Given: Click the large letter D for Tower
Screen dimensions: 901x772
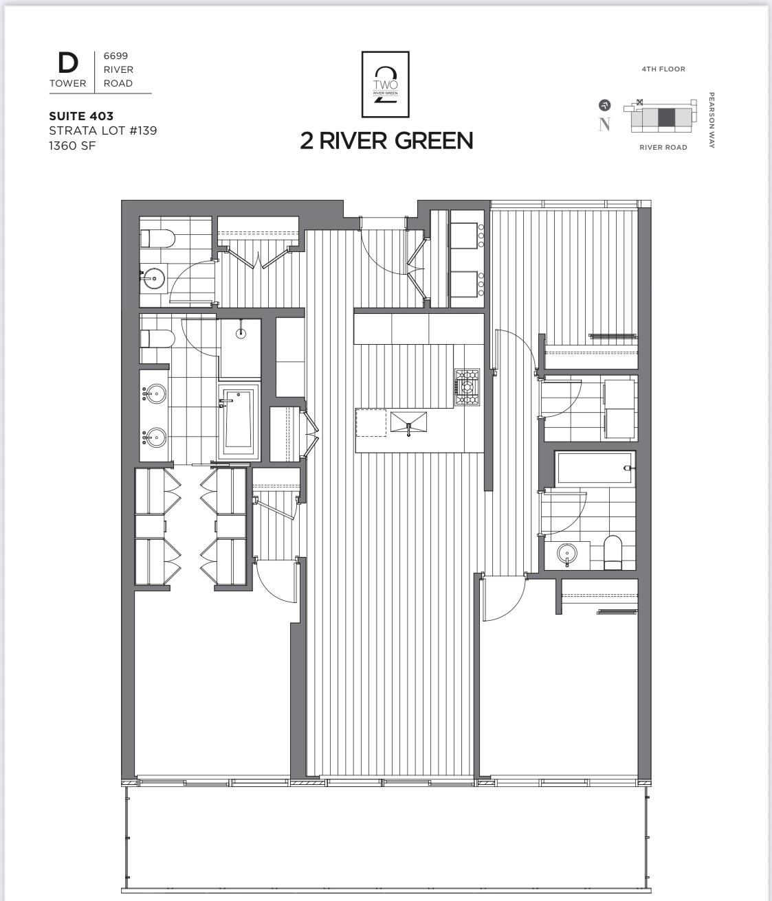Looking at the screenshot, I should (x=67, y=63).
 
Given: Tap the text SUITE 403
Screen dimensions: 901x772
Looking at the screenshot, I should (x=81, y=116).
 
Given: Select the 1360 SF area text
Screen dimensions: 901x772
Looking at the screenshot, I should (x=71, y=145).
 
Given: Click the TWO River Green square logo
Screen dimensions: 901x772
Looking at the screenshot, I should (x=386, y=84).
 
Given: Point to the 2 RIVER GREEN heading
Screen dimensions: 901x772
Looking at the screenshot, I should (x=386, y=140).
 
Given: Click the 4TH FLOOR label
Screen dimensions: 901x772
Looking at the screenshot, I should (x=663, y=69).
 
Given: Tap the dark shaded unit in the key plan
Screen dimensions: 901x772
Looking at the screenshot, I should (x=666, y=117).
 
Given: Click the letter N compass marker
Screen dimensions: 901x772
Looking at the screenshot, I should (x=604, y=124).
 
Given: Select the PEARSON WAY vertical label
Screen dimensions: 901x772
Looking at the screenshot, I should (x=712, y=120).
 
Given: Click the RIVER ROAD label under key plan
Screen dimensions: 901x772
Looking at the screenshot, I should (x=663, y=147).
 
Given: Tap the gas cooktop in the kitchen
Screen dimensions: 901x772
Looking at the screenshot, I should (x=466, y=388).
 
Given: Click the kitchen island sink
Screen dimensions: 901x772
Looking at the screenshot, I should (x=408, y=422).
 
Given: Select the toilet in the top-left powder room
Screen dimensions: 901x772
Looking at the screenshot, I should (x=157, y=239).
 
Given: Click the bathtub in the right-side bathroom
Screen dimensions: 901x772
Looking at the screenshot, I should (x=595, y=468).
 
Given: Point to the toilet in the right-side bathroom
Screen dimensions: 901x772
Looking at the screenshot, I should (x=613, y=552).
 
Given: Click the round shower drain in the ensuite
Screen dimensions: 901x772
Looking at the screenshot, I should (x=241, y=334).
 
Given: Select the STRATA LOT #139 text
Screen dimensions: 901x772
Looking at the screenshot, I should (x=103, y=130).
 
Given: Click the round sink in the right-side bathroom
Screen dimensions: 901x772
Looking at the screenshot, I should (x=567, y=553).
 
